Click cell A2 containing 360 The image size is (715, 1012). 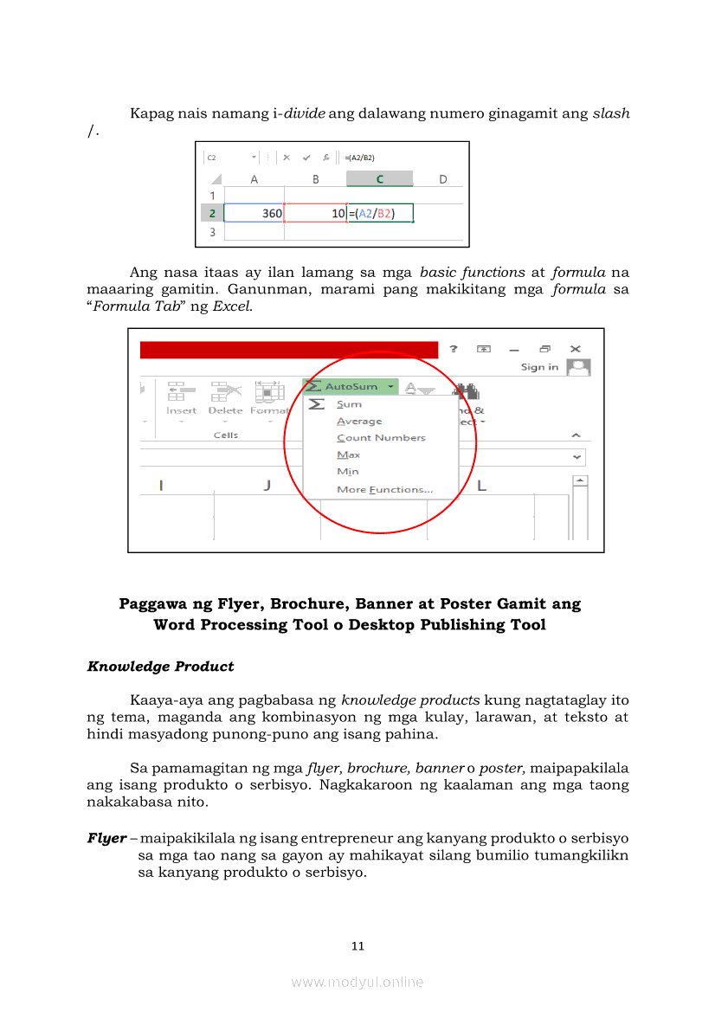point(254,213)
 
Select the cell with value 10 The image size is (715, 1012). point(315,213)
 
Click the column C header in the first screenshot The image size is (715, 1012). point(379,179)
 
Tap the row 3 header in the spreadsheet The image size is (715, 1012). point(212,232)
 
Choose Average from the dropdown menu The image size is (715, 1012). point(359,422)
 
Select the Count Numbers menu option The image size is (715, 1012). point(381,438)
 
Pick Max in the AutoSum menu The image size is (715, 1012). point(349,455)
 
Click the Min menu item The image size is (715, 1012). point(347,472)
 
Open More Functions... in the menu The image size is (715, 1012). point(384,490)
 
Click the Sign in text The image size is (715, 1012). point(539,367)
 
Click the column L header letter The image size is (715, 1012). point(481,486)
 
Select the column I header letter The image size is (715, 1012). point(161,486)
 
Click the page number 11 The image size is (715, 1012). point(357,946)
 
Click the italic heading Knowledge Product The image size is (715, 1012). point(160,667)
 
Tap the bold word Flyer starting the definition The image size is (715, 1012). point(106,839)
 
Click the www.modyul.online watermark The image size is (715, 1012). point(357,983)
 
